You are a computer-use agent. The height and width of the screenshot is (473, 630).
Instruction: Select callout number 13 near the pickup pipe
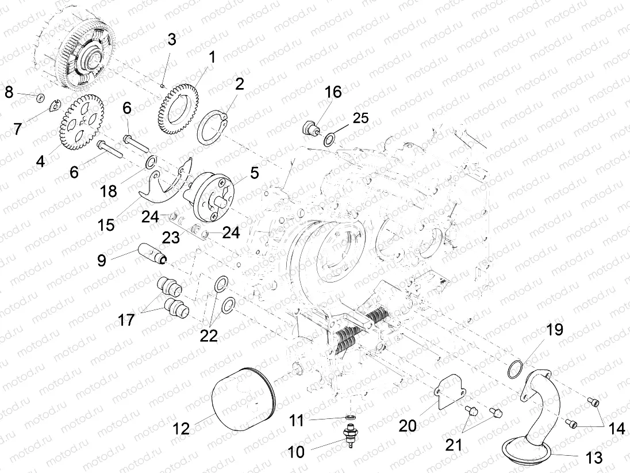pyautogui.click(x=594, y=457)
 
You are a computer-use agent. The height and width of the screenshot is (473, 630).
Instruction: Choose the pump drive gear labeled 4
pyautogui.click(x=82, y=122)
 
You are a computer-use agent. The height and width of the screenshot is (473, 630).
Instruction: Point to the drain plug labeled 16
pyautogui.click(x=310, y=128)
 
